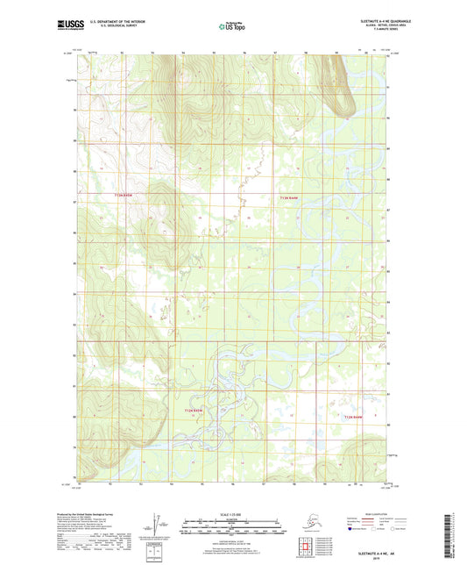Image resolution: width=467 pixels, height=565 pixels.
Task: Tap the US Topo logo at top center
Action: pyautogui.click(x=229, y=27)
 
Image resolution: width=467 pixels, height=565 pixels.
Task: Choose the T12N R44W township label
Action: pyautogui.click(x=354, y=417)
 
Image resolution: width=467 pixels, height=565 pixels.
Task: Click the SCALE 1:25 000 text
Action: pyautogui.click(x=232, y=515)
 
